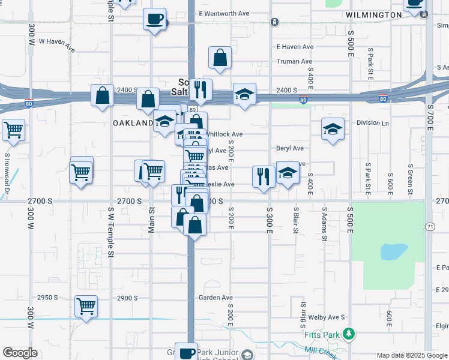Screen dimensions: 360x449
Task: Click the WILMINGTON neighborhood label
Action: [x=373, y=14]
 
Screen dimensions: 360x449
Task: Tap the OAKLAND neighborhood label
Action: [x=133, y=122]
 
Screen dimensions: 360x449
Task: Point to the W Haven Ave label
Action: [x=57, y=42]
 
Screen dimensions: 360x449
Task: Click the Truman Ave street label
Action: [x=294, y=61]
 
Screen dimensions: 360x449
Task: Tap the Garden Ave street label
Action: [x=216, y=298]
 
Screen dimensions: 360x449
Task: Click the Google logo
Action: [x=20, y=353]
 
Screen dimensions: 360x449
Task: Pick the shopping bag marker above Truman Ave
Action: [x=220, y=58]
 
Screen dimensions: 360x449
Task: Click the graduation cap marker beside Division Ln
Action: [x=332, y=130]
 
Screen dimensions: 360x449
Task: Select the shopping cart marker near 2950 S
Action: [x=86, y=306]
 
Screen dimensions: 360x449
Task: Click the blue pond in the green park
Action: [x=394, y=251]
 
